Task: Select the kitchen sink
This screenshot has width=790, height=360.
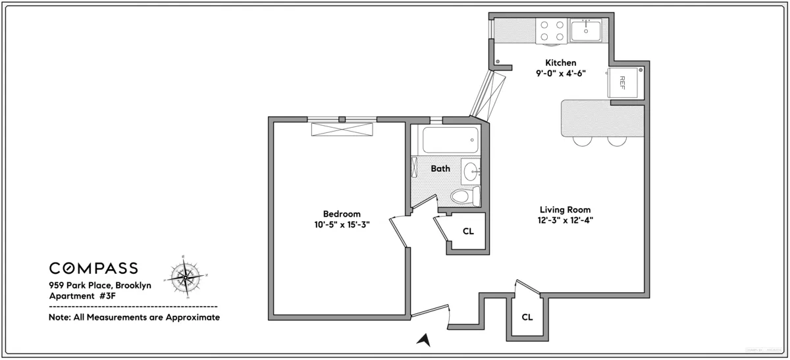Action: (x=585, y=30)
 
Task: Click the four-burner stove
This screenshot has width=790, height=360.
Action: (x=552, y=30)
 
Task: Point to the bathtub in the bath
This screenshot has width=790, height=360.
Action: (x=450, y=140)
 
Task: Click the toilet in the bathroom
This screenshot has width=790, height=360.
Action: (x=463, y=195)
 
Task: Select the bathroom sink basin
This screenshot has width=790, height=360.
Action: (x=471, y=172)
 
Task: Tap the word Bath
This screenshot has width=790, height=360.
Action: (x=440, y=168)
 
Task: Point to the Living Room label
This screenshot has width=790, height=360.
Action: (x=561, y=210)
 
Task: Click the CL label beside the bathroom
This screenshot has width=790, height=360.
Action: (x=468, y=231)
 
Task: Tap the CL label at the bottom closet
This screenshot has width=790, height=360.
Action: (x=527, y=317)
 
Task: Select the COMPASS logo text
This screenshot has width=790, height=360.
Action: (x=93, y=268)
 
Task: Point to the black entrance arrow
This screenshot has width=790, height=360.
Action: (x=425, y=340)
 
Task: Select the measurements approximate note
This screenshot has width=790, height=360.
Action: (x=134, y=317)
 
